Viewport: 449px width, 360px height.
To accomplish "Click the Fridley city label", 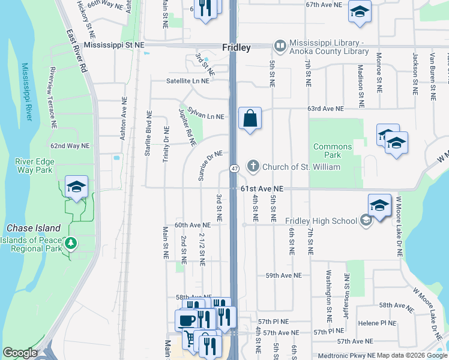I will tap(236, 46).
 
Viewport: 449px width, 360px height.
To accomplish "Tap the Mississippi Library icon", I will tap(280, 46).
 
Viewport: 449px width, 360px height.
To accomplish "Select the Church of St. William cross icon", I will tap(253, 166).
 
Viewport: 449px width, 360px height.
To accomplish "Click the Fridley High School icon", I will tap(364, 221).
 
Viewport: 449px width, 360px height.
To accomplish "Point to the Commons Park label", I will tap(333, 151).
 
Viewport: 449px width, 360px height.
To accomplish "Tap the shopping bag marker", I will tap(250, 118).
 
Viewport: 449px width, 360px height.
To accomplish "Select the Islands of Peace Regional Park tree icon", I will tap(71, 243).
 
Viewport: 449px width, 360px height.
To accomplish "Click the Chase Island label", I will tap(34, 228).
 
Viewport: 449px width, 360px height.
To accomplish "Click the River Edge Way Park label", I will tap(36, 166).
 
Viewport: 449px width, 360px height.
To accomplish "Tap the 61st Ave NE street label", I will tap(261, 188).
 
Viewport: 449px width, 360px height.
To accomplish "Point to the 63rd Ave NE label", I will tap(322, 109).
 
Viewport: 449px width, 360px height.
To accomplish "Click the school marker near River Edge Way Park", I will tap(76, 187).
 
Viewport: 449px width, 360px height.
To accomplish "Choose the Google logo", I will tap(20, 353).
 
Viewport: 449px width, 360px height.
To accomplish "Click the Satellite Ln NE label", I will tap(188, 80).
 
